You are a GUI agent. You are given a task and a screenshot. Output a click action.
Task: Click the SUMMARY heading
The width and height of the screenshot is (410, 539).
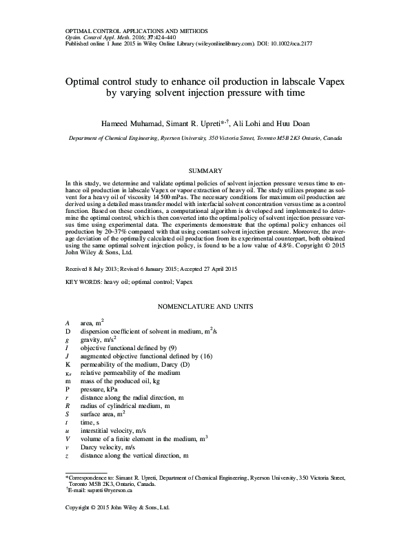pos(205,170)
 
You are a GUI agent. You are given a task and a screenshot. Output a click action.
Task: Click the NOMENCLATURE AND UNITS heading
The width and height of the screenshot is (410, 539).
pos(205,305)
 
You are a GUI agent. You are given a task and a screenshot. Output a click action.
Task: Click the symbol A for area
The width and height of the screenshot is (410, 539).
pos(67,323)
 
